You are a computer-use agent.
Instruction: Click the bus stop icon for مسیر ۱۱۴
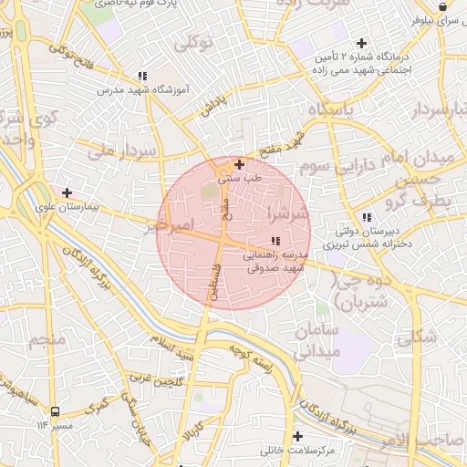(x=55, y=411)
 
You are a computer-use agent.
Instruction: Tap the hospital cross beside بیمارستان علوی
(x=66, y=192)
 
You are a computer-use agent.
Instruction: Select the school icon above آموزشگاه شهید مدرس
(x=141, y=76)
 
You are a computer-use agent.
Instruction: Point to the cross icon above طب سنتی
(x=239, y=165)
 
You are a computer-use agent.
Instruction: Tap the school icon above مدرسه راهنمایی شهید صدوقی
(x=275, y=241)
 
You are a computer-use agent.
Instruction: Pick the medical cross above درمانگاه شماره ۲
(x=362, y=43)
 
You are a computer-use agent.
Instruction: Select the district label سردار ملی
(x=125, y=150)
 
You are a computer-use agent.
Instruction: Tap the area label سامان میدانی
(x=318, y=338)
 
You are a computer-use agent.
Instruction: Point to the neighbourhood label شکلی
(x=416, y=337)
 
